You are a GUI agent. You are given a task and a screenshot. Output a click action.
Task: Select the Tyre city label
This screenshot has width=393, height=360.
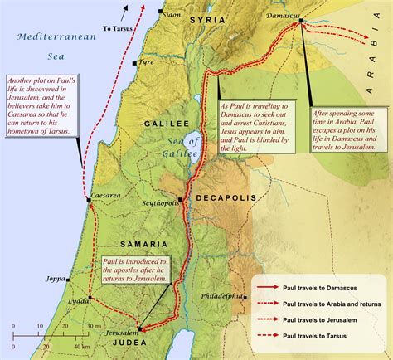click(148, 62)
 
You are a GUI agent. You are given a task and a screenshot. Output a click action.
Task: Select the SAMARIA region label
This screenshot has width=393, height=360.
click(120, 245)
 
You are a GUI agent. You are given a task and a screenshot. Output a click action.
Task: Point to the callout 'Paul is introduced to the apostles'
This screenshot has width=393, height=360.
click(137, 270)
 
